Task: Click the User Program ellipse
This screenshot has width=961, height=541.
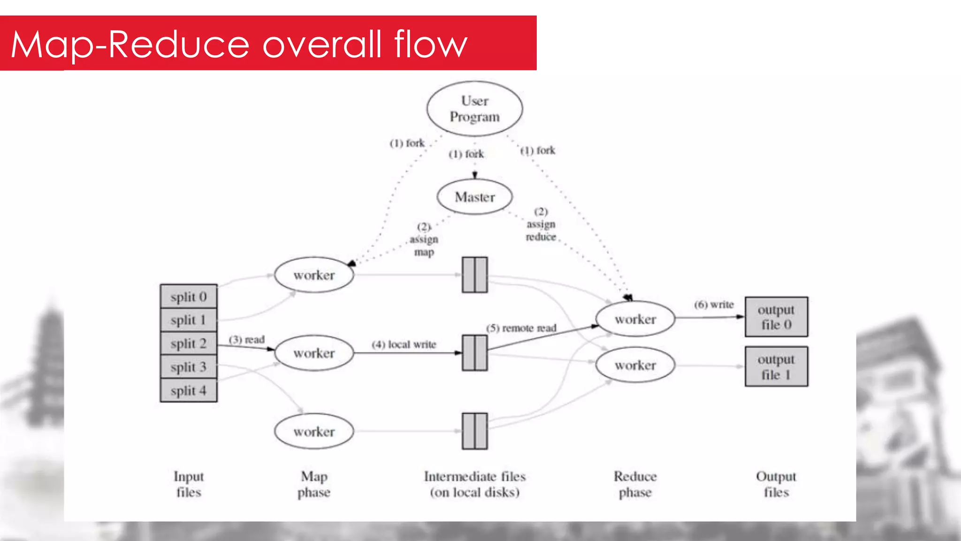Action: [474, 109]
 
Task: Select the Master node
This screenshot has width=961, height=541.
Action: [474, 197]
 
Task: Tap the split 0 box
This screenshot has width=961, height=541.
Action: [189, 297]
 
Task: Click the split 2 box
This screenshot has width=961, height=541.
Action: [189, 343]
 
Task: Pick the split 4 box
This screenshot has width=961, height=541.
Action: [189, 390]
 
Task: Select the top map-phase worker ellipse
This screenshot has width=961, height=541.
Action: [314, 275]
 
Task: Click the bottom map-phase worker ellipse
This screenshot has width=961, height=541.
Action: [314, 431]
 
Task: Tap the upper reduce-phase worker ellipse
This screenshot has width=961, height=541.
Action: [635, 319]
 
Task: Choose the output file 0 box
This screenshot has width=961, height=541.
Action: [776, 317]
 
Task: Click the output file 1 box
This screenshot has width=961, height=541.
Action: [776, 367]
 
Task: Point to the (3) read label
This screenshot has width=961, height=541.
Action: [247, 340]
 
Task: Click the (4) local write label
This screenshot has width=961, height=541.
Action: [404, 345]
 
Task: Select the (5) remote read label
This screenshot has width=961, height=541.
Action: [521, 328]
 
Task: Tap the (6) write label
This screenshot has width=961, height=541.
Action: [714, 305]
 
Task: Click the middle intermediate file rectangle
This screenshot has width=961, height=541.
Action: [474, 353]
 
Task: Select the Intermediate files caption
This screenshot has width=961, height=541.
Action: [474, 484]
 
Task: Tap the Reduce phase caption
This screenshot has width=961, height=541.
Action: [635, 484]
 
